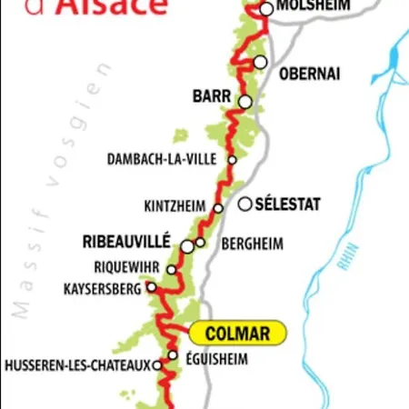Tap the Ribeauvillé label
pos(126,242)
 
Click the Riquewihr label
pos(126,268)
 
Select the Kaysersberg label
pos(103,289)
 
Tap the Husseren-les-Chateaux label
pos(77,366)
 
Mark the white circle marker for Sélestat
pos(244,204)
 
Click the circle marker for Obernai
pos(261,63)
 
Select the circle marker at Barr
pos(244,102)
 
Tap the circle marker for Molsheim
pos(266,9)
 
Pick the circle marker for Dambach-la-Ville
pos(233,159)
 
